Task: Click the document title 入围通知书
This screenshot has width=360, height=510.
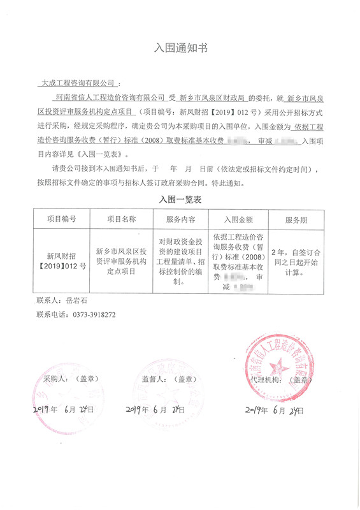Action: click(x=181, y=48)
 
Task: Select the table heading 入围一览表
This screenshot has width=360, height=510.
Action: click(x=180, y=200)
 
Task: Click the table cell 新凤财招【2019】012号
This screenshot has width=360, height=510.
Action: click(x=62, y=261)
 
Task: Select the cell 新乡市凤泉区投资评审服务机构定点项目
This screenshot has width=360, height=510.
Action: click(x=121, y=261)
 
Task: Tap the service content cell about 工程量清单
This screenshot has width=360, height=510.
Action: click(x=180, y=261)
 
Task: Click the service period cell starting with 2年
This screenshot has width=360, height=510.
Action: click(x=296, y=261)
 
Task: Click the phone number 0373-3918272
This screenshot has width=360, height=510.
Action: click(x=89, y=314)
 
